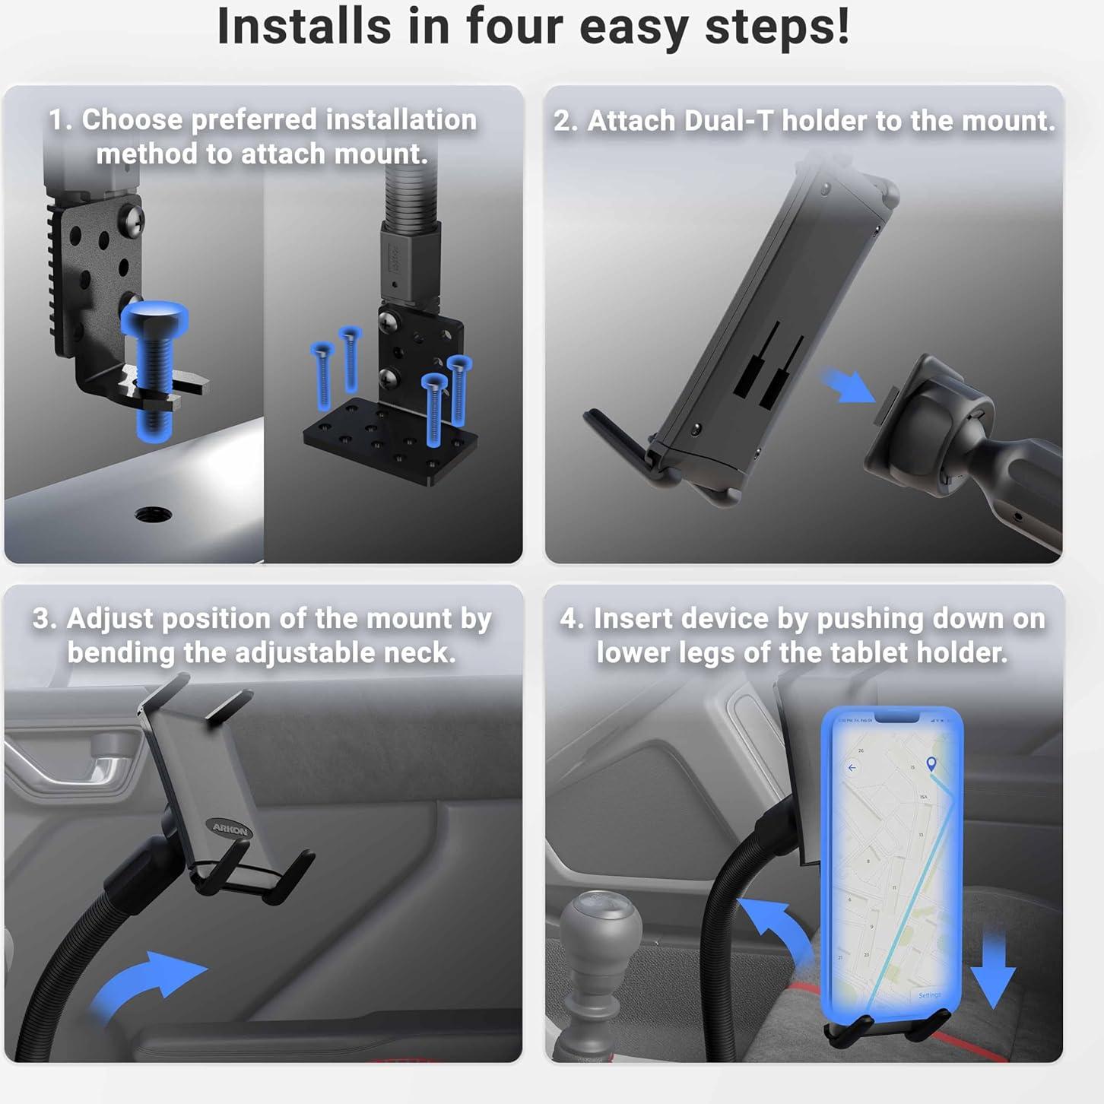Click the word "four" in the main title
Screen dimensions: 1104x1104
click(515, 27)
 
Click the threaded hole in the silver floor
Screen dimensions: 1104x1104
click(153, 514)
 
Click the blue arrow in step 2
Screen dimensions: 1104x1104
click(849, 386)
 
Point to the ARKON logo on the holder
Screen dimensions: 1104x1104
click(230, 829)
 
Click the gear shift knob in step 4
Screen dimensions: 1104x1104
click(601, 928)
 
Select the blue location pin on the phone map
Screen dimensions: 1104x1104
click(931, 763)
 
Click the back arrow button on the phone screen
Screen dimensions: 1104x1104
click(852, 768)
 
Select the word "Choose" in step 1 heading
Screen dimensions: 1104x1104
click(132, 119)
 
